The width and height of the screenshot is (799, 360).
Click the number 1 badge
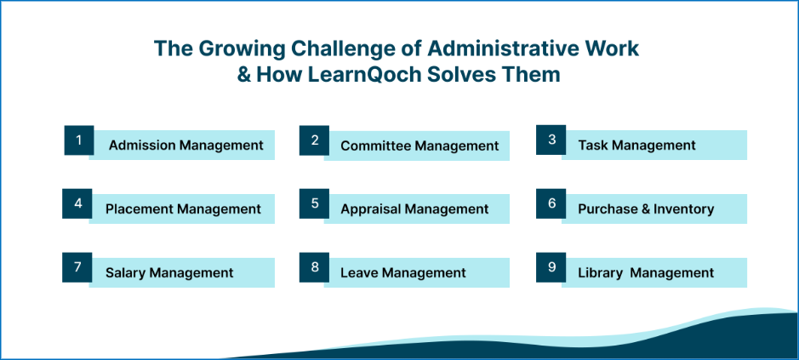tap(79, 140)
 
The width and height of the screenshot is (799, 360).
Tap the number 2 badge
tap(314, 140)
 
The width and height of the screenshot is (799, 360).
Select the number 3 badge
tap(551, 140)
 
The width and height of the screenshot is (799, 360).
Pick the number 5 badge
tap(314, 203)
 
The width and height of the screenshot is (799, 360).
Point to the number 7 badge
tap(77, 267)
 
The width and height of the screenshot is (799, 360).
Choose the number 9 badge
tap(551, 267)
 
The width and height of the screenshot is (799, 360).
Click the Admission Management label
tap(185, 146)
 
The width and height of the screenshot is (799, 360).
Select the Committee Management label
tap(419, 146)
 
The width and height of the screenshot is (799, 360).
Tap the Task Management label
tap(636, 146)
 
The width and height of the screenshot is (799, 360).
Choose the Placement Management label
tap(183, 209)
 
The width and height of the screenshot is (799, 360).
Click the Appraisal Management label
tap(414, 209)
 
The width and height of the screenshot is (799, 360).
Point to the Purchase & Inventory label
tap(646, 209)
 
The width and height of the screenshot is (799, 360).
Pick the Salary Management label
tap(169, 273)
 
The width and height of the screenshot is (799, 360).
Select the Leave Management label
tap(403, 273)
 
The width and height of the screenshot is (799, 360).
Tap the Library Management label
tap(646, 273)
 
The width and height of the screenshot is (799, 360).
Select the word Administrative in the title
tap(488, 48)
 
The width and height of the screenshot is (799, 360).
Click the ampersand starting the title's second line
tap(244, 74)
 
